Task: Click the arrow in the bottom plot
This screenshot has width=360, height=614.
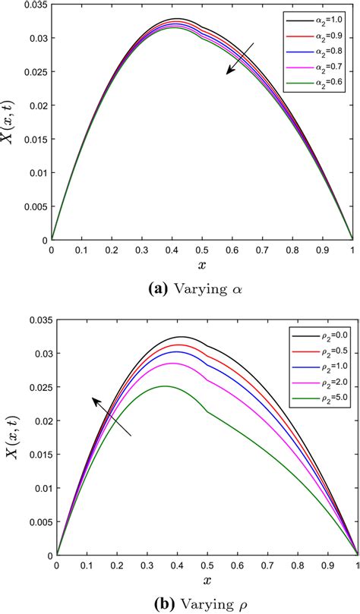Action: point(111,414)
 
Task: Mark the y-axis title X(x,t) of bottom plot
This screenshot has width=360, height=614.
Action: point(17,437)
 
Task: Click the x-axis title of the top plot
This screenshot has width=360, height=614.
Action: point(202,264)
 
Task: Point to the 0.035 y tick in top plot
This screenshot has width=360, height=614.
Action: point(33,7)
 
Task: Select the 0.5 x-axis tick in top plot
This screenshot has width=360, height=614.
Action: point(202,249)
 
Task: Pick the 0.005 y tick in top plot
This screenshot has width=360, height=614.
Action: point(33,206)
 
